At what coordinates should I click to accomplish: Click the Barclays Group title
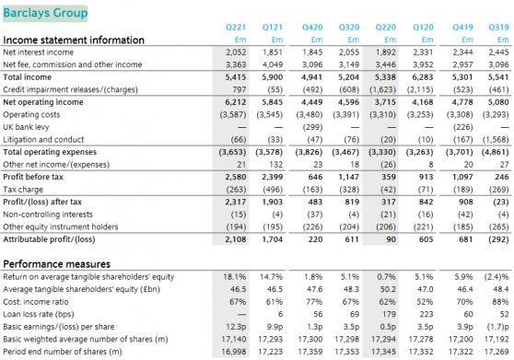coord(43,13)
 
